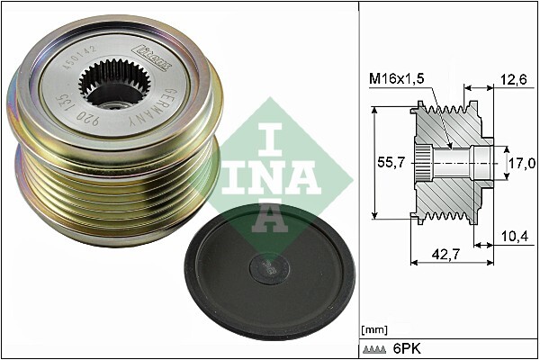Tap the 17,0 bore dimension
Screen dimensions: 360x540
521,162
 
